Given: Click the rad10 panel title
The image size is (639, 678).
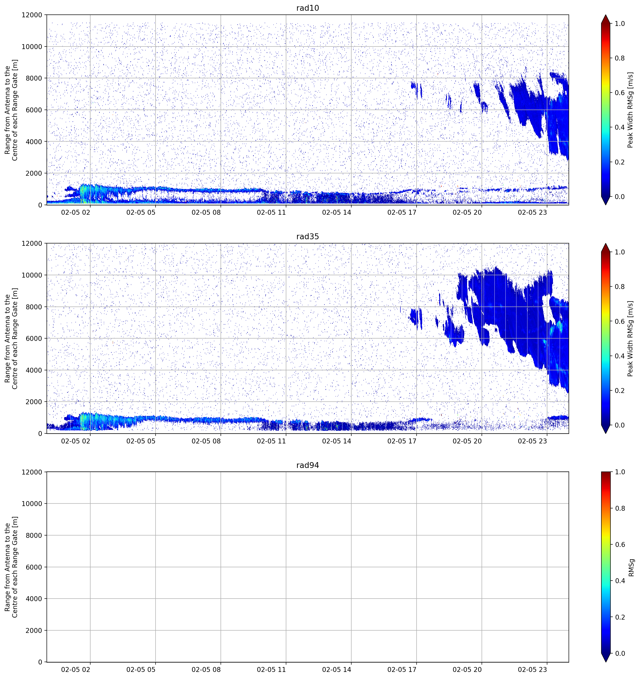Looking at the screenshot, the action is click(x=308, y=8).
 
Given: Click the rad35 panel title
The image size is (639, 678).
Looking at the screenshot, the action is click(x=308, y=236).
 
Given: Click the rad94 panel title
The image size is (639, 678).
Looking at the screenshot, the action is click(x=308, y=465).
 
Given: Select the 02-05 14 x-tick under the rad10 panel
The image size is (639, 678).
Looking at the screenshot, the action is click(x=337, y=212).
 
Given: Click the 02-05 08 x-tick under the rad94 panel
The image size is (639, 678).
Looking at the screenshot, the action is click(x=206, y=670).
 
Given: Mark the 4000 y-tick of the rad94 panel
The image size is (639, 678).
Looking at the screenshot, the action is click(x=34, y=599).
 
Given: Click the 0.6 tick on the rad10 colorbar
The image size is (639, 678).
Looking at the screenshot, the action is click(x=620, y=93).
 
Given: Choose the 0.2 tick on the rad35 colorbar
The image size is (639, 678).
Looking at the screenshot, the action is click(x=620, y=390).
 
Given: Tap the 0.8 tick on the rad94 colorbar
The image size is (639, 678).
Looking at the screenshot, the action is click(x=620, y=508).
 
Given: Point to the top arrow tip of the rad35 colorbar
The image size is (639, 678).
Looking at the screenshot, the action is click(x=606, y=243).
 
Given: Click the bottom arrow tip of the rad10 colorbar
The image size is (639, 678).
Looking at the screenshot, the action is click(x=606, y=205).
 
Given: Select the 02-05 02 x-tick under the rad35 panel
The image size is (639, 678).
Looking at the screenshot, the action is click(x=76, y=441).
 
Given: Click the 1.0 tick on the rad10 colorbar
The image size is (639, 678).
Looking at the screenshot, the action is click(x=620, y=24).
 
